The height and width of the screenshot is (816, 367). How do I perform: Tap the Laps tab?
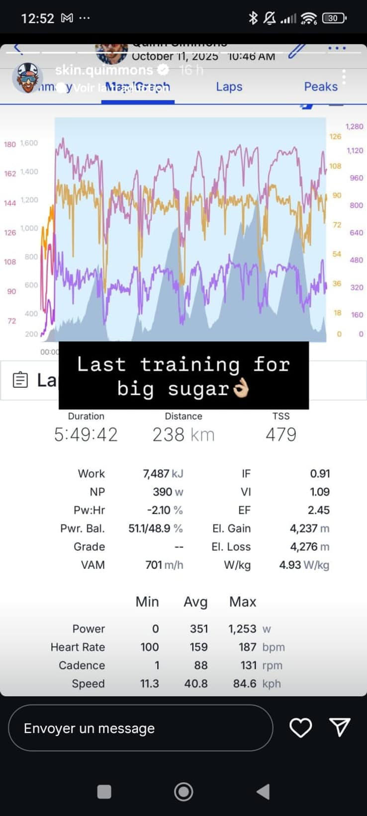click(x=229, y=87)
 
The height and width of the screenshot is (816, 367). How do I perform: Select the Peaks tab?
click(x=320, y=87)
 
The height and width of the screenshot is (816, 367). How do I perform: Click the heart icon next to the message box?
click(x=300, y=727)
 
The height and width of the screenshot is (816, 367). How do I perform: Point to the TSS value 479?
click(x=281, y=435)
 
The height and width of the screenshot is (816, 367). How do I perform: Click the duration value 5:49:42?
click(x=86, y=435)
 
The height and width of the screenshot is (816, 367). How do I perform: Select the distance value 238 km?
click(x=183, y=435)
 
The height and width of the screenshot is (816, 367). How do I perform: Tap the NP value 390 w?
click(x=168, y=492)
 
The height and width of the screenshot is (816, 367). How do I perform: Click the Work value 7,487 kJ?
click(x=163, y=473)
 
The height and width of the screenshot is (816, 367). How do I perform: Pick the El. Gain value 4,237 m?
click(x=309, y=528)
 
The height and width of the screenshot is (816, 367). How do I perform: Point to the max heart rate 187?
click(x=247, y=647)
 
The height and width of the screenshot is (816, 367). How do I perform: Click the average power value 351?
click(x=199, y=629)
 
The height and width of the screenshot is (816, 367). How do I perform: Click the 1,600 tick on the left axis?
click(x=29, y=143)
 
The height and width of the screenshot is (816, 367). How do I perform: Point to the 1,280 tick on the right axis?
click(x=354, y=126)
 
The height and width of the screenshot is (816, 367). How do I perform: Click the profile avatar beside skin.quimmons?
click(x=27, y=78)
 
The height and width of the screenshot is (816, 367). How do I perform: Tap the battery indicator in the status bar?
click(x=334, y=18)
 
